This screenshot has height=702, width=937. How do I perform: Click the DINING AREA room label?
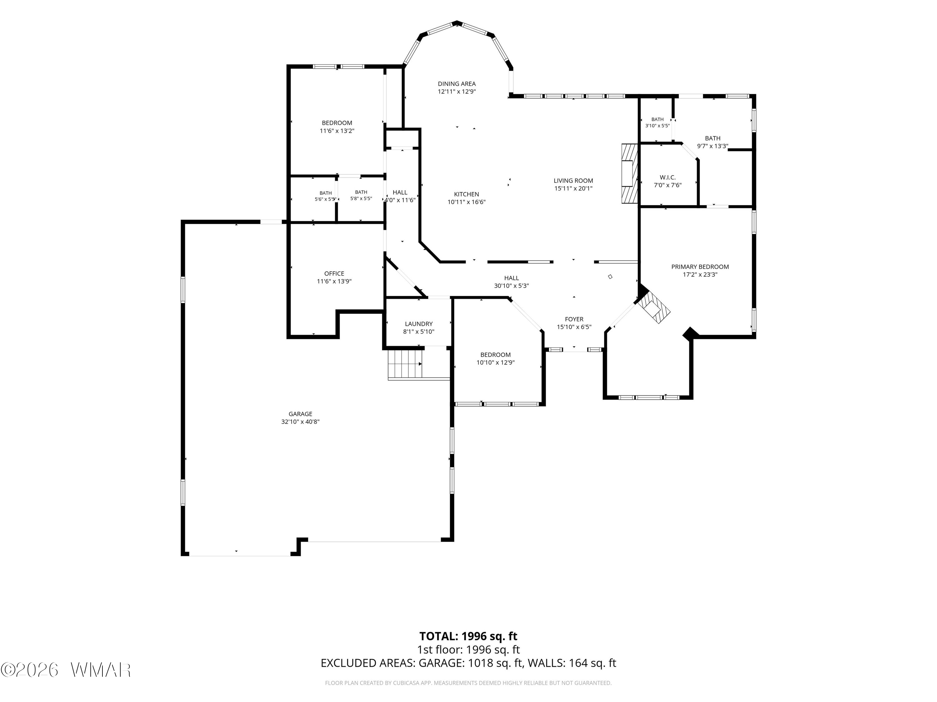(457, 84)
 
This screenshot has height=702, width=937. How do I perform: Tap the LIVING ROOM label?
(573, 181)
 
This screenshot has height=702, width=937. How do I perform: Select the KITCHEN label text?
(466, 194)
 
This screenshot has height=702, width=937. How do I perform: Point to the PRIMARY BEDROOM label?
(700, 266)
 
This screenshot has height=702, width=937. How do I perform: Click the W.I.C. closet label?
(667, 177)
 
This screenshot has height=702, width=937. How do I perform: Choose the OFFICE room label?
(334, 273)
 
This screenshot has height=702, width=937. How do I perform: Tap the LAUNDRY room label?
(419, 324)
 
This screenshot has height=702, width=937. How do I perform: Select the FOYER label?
(574, 319)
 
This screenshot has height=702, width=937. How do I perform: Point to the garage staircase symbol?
(405, 364)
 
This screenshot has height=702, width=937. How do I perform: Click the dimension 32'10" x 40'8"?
(300, 422)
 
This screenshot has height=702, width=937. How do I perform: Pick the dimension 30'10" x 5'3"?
(511, 285)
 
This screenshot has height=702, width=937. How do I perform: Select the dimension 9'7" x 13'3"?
(712, 146)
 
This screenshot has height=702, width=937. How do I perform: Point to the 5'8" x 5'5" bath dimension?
(361, 198)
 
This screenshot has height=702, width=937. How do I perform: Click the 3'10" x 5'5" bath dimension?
(657, 126)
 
